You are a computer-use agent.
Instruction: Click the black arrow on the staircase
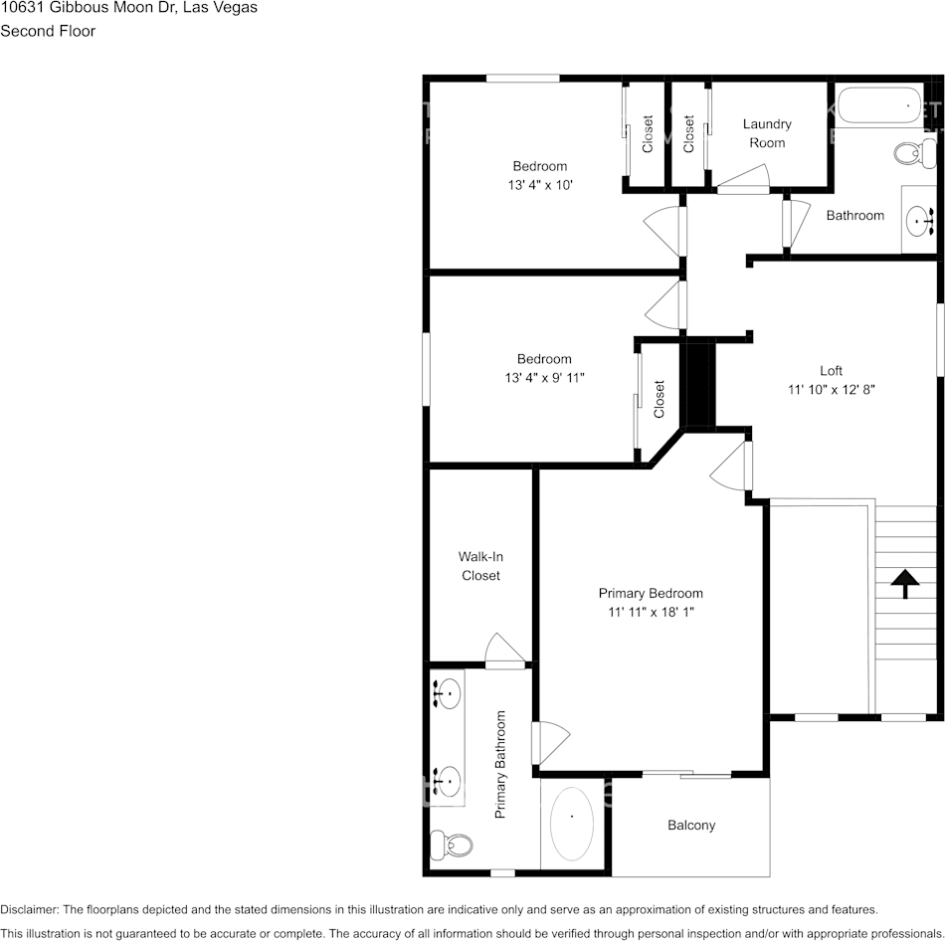coord(904,583)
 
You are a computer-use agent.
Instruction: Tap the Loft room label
coord(831,371)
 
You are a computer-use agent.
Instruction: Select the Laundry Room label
coord(767,133)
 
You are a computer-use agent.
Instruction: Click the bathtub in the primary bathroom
coord(571,825)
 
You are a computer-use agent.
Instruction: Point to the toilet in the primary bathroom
coord(453,846)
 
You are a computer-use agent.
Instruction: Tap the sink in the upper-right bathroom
coord(918,219)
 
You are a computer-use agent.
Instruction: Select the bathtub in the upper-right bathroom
coord(880,105)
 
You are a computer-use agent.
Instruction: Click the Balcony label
coord(690,825)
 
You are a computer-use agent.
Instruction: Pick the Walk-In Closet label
coord(480,566)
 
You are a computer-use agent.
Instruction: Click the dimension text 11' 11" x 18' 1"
coord(651,612)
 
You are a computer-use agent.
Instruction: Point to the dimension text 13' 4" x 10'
coord(540,185)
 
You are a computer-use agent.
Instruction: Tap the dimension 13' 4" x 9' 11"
coord(544,378)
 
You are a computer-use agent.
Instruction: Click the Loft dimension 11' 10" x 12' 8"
coord(831,390)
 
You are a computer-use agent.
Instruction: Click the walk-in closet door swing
coord(503,651)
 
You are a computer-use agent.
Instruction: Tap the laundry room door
coord(743,180)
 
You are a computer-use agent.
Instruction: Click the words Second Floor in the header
coord(48,31)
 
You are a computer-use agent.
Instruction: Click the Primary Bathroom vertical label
coord(501,764)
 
